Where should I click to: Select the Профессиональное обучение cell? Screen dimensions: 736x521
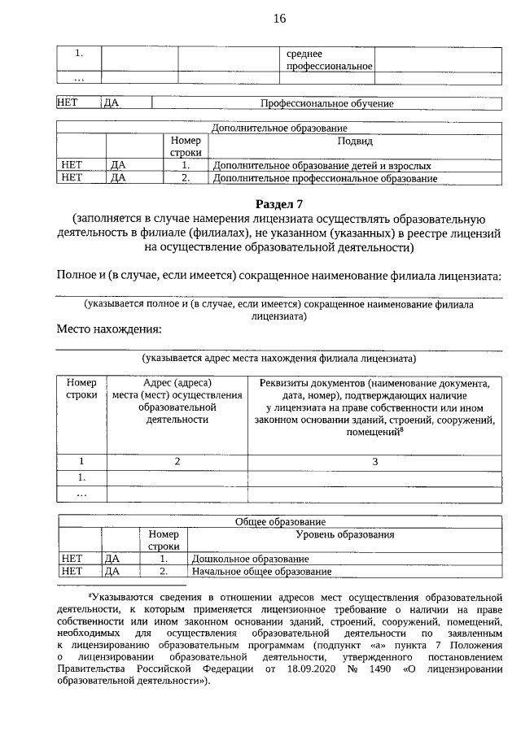click(326, 104)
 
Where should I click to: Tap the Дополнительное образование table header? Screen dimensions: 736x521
click(279, 128)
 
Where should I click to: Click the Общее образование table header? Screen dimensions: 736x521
click(280, 521)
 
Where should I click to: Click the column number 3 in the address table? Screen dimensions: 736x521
click(374, 462)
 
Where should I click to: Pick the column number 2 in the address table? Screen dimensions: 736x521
click(177, 462)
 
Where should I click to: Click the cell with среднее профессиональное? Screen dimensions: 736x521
click(329, 59)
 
